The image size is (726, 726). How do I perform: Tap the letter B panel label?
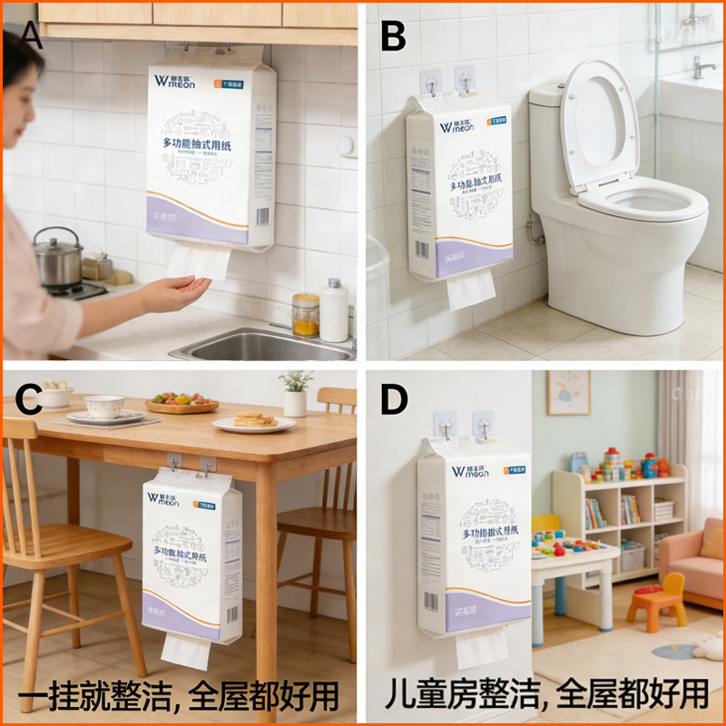pos(392,36)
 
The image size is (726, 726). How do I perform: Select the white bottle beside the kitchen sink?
pos(334,310)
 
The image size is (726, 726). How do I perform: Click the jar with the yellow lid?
pos(306,314)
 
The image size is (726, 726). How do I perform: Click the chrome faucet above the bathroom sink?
pos(702,66)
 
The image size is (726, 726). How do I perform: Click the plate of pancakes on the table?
pos(254,422)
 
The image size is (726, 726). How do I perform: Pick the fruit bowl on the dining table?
pos(181,403)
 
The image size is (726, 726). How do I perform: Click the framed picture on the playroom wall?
pos(568,392)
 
